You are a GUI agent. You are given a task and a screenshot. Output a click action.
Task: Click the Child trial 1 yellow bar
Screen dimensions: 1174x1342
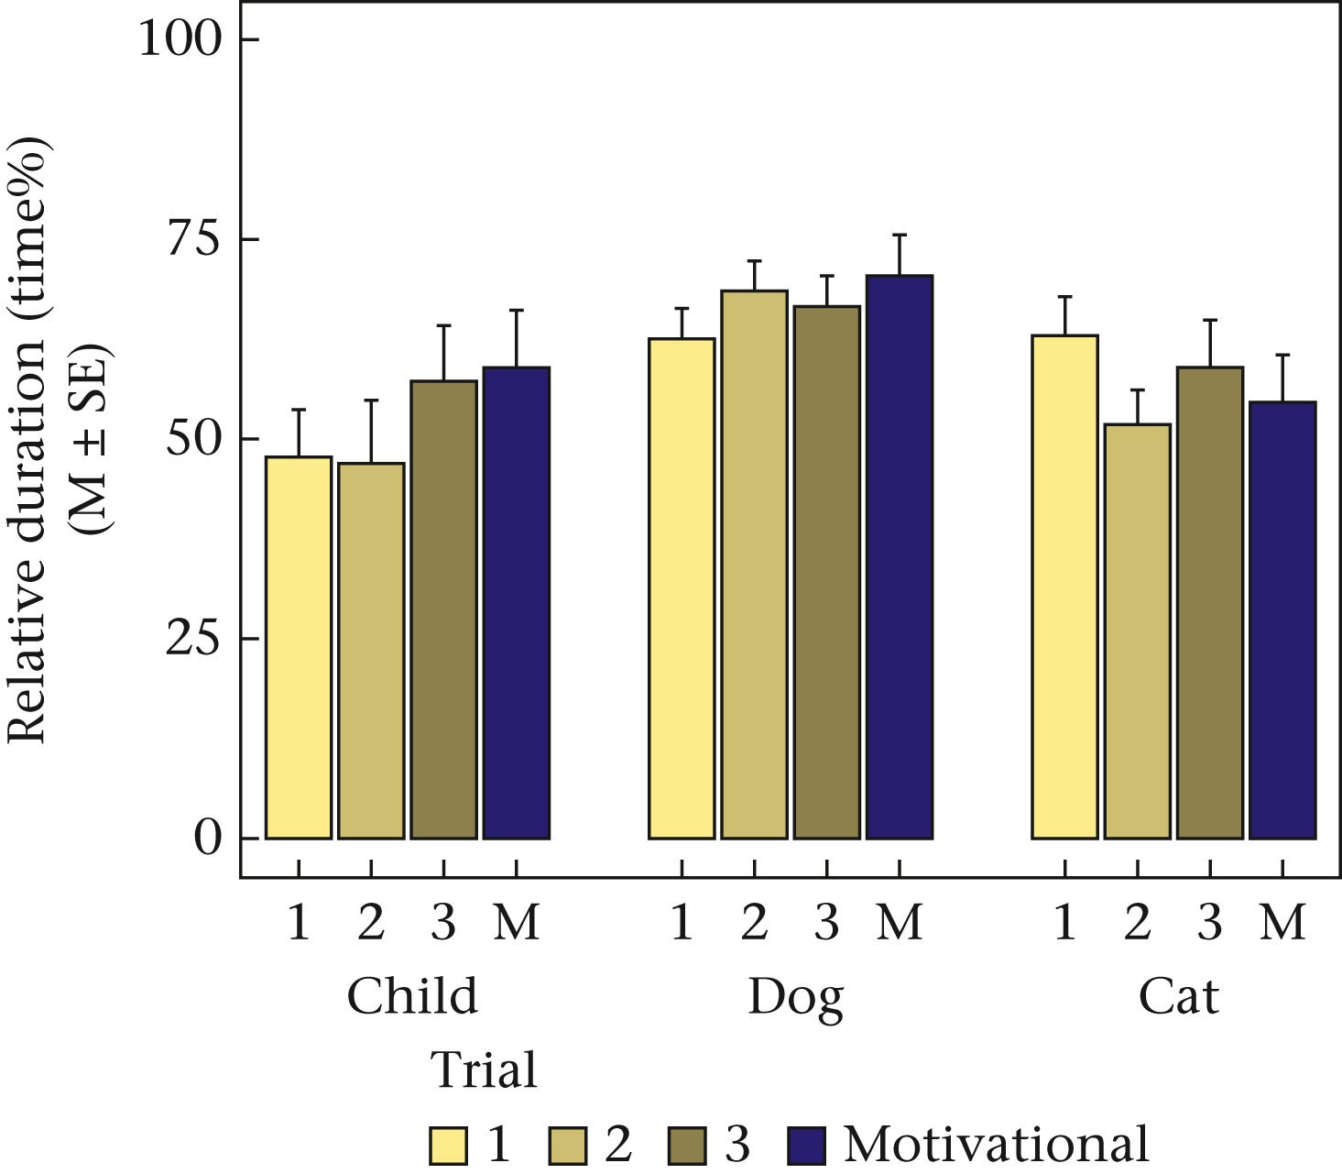[298, 647]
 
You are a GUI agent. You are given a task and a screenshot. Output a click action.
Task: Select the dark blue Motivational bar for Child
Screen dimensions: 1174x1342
[516, 602]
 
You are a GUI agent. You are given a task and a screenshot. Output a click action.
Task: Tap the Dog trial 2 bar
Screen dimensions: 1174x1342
[754, 564]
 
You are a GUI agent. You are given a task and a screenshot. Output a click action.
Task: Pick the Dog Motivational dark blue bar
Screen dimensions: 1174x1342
[899, 556]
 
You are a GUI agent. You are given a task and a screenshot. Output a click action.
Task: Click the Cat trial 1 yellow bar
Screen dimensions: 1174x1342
[1064, 587]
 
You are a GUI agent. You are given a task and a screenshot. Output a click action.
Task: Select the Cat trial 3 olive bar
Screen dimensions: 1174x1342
[1209, 602]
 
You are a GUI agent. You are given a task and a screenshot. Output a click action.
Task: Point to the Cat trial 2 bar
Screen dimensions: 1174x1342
[1137, 631]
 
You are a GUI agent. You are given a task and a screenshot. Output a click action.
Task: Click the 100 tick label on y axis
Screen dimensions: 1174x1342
[180, 39]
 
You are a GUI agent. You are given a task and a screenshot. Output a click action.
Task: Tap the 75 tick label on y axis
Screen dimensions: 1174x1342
[194, 239]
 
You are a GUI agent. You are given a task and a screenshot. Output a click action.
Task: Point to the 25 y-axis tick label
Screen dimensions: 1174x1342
[194, 639]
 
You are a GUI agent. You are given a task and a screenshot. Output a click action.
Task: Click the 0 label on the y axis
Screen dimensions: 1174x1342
[208, 838]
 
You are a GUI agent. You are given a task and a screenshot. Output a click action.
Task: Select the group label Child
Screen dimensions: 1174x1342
[412, 996]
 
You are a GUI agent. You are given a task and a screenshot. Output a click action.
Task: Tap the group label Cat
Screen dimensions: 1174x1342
[1178, 996]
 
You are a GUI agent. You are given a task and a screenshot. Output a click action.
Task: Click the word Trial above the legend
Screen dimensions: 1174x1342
[484, 1070]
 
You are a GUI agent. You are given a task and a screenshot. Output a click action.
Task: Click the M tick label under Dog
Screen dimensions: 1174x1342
[899, 923]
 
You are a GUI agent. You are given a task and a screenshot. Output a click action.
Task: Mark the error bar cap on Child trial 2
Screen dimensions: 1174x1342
[371, 400]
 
